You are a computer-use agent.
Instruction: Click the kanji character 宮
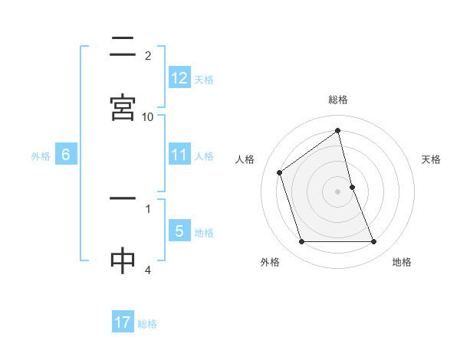pyautogui.click(x=123, y=107)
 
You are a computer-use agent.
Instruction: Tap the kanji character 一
pyautogui.click(x=123, y=199)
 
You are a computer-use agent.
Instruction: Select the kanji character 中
pyautogui.click(x=123, y=260)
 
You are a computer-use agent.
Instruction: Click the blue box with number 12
pyautogui.click(x=179, y=78)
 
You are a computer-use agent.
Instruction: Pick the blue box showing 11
pyautogui.click(x=179, y=155)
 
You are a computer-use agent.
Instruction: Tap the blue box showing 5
pyautogui.click(x=179, y=231)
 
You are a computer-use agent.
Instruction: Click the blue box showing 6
pyautogui.click(x=66, y=155)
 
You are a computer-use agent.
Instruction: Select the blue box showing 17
pyautogui.click(x=123, y=322)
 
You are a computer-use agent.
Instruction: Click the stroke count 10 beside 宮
pyautogui.click(x=148, y=116)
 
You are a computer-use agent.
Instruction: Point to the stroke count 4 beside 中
pyautogui.click(x=148, y=270)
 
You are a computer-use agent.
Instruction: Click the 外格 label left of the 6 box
pyautogui.click(x=41, y=156)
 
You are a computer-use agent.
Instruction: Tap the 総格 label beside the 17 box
pyautogui.click(x=147, y=324)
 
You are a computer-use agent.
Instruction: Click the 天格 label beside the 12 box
pyautogui.click(x=204, y=80)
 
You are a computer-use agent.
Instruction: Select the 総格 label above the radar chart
pyautogui.click(x=338, y=100)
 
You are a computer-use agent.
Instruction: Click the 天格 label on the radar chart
pyautogui.click(x=431, y=159)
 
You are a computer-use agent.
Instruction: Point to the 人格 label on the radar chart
pyautogui.click(x=245, y=159)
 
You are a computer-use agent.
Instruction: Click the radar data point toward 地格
pyautogui.click(x=374, y=242)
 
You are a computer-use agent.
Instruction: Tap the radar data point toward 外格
pyautogui.click(x=301, y=242)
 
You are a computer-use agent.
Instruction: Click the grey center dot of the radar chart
pyautogui.click(x=337, y=191)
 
